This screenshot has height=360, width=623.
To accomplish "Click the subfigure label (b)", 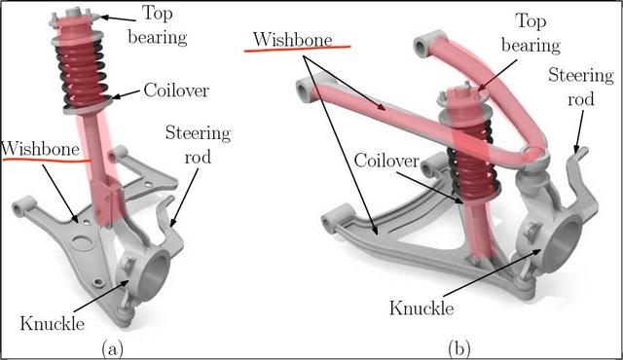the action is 458,350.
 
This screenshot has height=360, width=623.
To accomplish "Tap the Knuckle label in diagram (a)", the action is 52,323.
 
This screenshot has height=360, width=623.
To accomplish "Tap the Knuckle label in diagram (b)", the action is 421,308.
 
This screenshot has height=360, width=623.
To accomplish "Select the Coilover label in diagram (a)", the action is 176,90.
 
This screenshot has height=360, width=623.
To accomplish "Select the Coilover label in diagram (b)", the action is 386,161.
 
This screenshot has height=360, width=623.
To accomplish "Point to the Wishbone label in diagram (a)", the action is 40,149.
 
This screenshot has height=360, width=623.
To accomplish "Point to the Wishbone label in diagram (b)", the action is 293,39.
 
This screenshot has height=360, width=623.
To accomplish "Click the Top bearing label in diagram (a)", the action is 158,25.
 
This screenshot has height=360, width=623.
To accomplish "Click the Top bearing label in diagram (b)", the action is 531,33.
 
